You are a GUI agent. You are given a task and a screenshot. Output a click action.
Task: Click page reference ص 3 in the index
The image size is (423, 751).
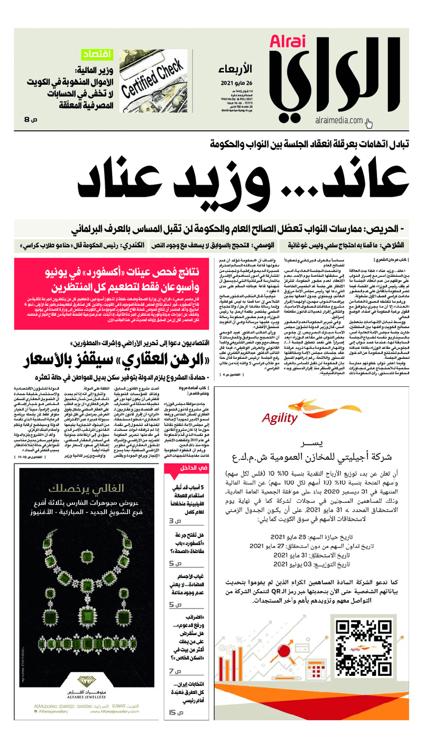175,521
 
